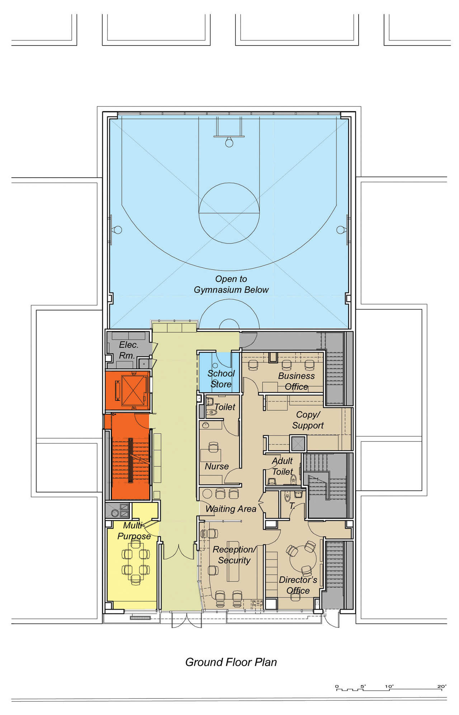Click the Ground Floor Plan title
[231, 662]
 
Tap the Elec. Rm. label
[128, 350]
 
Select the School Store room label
[221, 379]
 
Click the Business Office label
[296, 381]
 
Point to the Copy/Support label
[308, 420]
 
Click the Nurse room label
[217, 466]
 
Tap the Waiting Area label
[231, 509]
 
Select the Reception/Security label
[234, 555]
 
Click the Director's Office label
[298, 585]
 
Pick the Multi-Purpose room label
[134, 531]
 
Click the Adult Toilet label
[283, 466]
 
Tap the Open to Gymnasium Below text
[231, 284]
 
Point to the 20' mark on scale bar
[442, 687]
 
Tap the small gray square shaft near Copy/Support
[298, 444]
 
